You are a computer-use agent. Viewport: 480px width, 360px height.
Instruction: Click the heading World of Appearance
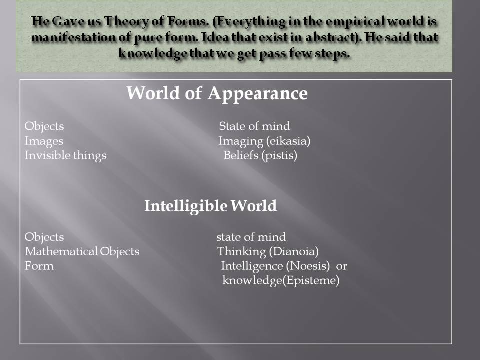(217, 93)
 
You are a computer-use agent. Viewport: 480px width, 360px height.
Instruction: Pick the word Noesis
(311, 266)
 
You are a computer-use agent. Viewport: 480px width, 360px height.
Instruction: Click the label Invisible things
(66, 156)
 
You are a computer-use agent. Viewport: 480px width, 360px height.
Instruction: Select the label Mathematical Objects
(82, 251)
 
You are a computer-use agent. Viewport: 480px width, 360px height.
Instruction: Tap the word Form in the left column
(39, 266)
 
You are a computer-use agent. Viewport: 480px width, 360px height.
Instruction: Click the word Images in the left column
(44, 141)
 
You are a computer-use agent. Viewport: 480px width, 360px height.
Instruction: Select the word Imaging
(238, 141)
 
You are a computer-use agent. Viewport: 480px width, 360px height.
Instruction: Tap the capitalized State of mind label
(254, 126)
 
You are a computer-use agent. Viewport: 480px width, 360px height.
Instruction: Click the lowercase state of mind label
(251, 237)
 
